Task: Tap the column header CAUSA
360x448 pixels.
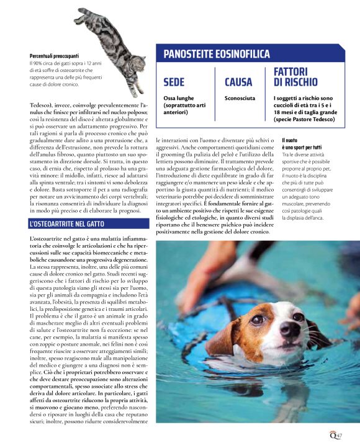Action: coord(238,82)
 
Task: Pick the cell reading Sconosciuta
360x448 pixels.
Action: coord(241,98)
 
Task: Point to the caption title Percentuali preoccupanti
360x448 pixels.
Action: coord(54,56)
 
